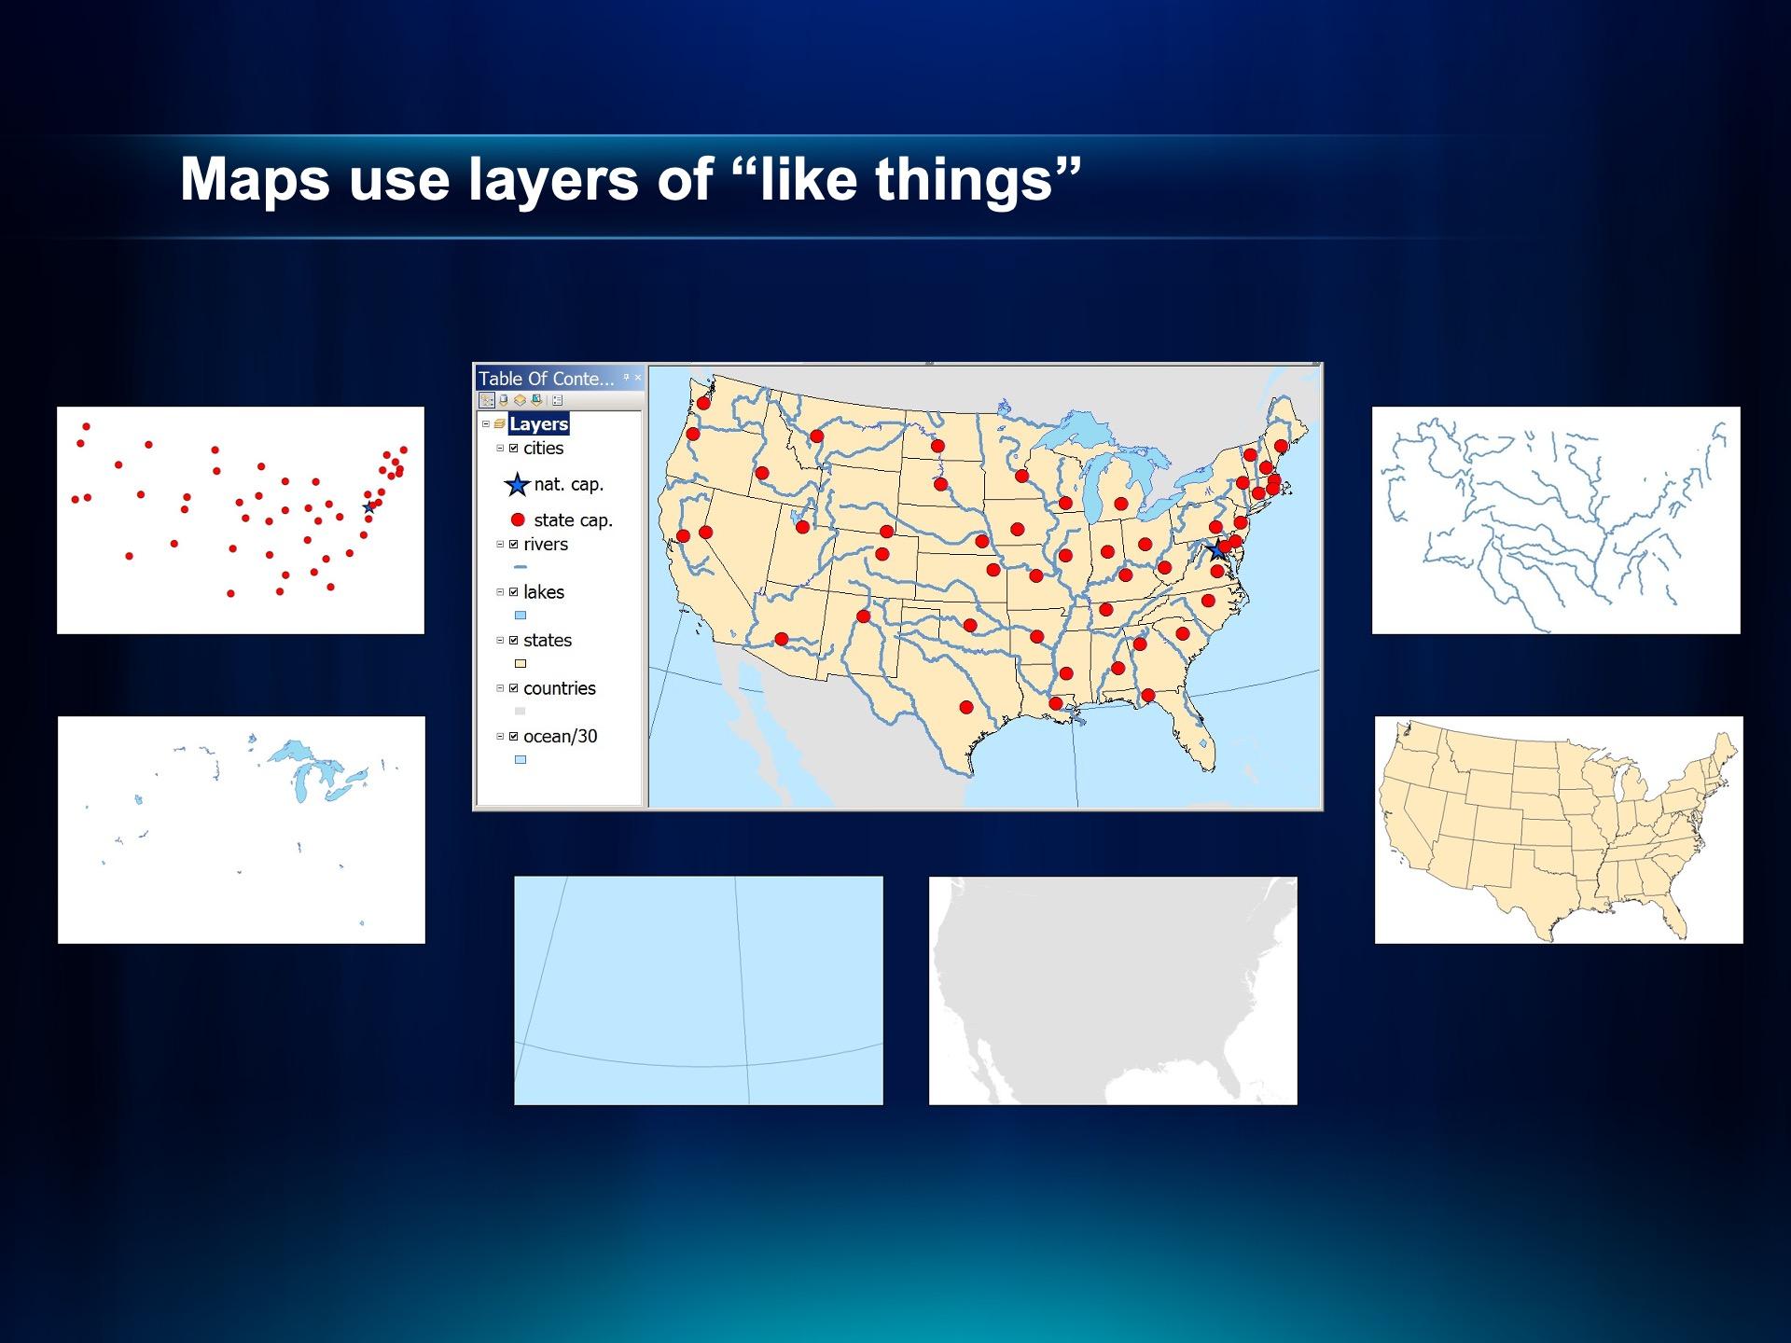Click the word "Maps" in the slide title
pyautogui.click(x=255, y=178)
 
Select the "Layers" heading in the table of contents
pyautogui.click(x=538, y=424)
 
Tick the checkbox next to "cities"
pyautogui.click(x=513, y=449)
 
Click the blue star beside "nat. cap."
pyautogui.click(x=517, y=485)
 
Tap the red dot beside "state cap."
pyautogui.click(x=518, y=520)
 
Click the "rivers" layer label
pyautogui.click(x=546, y=545)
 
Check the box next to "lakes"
pyautogui.click(x=513, y=592)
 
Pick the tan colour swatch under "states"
pyautogui.click(x=521, y=664)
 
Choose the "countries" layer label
pyautogui.click(x=560, y=688)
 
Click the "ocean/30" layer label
pyautogui.click(x=561, y=737)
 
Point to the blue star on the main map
pyautogui.click(x=1216, y=549)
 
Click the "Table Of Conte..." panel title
pyautogui.click(x=547, y=379)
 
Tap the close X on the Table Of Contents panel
pyautogui.click(x=638, y=378)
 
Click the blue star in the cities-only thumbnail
pyautogui.click(x=369, y=507)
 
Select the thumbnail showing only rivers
pyautogui.click(x=1556, y=520)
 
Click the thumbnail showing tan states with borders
pyautogui.click(x=1559, y=830)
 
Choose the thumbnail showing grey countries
pyautogui.click(x=1113, y=990)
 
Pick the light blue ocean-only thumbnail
pyautogui.click(x=699, y=990)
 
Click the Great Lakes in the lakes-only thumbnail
pyautogui.click(x=318, y=770)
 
